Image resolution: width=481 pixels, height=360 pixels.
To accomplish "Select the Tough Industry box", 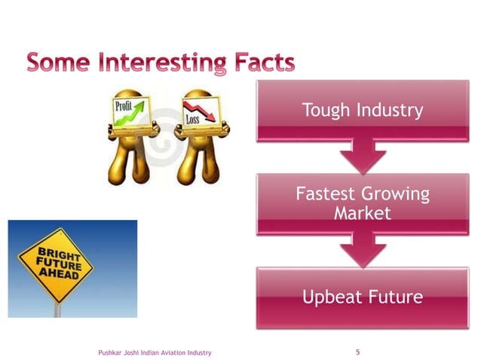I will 362,111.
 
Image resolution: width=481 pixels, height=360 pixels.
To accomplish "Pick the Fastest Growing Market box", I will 362,203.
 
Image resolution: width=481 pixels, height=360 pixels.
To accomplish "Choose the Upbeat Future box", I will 362,297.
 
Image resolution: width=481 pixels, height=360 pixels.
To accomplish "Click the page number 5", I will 357,352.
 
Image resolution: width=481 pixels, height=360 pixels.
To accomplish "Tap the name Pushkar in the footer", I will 110,352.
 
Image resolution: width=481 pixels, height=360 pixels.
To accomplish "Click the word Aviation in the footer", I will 174,352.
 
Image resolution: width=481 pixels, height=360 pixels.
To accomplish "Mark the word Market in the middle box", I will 362,214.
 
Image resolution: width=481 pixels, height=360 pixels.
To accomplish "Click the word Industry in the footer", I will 200,352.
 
